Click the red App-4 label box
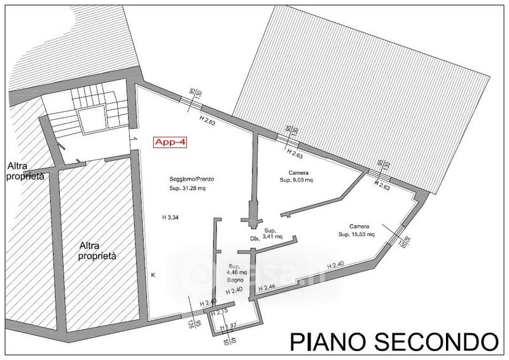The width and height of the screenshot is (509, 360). (x=172, y=143)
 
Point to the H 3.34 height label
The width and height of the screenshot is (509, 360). (x=172, y=218)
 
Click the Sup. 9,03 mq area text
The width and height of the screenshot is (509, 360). (x=296, y=181)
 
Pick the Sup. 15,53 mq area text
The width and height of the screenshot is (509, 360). (x=357, y=234)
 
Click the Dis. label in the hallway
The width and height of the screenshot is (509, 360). (x=255, y=239)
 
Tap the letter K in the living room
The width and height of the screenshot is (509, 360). (x=153, y=275)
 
